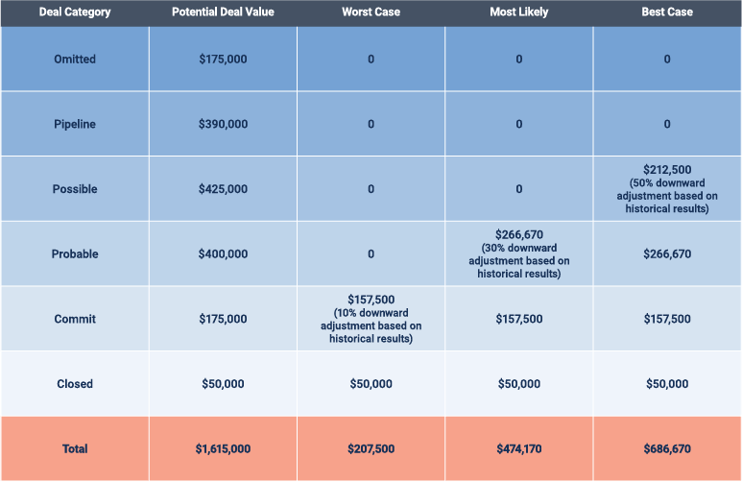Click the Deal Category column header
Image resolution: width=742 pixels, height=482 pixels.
coord(74,12)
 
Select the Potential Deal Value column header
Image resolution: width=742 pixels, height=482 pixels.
coord(223,12)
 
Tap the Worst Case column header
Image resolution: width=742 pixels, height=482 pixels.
coord(371,12)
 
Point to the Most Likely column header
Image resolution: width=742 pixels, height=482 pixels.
coord(518,12)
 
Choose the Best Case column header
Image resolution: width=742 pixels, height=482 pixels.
coord(666,12)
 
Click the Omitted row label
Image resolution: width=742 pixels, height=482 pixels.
coord(74,60)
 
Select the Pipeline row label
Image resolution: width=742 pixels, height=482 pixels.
coord(74,125)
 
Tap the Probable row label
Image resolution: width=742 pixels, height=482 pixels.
coord(74,254)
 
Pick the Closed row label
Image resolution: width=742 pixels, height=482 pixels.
coord(74,384)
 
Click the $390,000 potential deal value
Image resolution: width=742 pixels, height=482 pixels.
coord(223,125)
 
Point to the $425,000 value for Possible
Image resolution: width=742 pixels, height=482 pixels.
coord(223,189)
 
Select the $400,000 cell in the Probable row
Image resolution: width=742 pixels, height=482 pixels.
coord(223,254)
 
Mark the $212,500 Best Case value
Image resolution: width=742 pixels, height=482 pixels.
coord(666,170)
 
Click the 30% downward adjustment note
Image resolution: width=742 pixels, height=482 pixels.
coord(518,260)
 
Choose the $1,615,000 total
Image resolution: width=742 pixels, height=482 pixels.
coord(223,449)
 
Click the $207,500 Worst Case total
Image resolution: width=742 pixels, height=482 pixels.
coord(371,449)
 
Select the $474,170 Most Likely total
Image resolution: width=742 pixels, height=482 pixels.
coord(518,449)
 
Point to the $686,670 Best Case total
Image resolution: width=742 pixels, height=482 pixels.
coord(666,449)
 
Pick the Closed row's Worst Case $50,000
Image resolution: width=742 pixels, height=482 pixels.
coord(371,384)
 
